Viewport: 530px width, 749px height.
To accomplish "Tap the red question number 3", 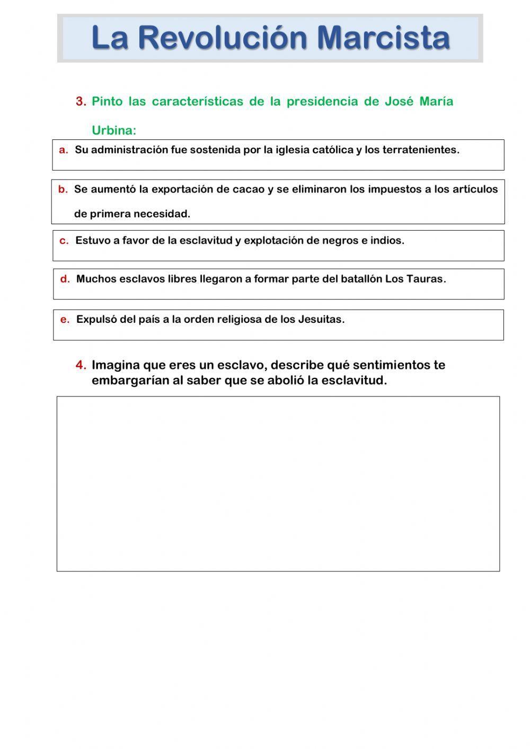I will (x=81, y=102).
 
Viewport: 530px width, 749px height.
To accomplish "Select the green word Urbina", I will (x=113, y=130).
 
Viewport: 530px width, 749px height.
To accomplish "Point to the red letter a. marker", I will (x=64, y=150).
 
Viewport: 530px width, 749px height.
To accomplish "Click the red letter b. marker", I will (x=63, y=189).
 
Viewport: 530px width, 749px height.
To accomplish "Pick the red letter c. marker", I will (x=64, y=241).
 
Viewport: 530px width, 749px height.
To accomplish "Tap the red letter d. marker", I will (x=65, y=279).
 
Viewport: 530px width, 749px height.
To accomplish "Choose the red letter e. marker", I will (x=65, y=320).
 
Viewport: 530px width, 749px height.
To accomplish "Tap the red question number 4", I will (x=81, y=365).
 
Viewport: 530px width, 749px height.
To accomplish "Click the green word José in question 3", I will (x=398, y=102).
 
